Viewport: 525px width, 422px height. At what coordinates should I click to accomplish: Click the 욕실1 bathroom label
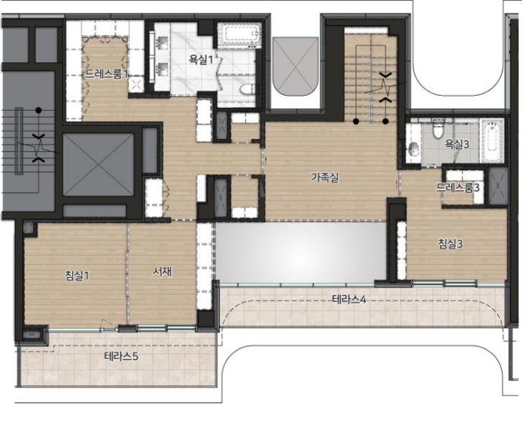(200, 60)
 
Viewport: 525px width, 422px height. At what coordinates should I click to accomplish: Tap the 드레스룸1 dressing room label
(106, 74)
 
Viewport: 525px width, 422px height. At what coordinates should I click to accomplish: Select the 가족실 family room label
(325, 177)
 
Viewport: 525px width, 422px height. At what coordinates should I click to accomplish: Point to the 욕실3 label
(457, 144)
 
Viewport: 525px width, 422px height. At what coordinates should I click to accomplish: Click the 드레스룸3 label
(457, 187)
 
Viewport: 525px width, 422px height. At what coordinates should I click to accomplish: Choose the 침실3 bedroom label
(451, 243)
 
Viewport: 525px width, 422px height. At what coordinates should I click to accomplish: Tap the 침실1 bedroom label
(77, 276)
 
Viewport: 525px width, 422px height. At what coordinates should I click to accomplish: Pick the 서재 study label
(162, 272)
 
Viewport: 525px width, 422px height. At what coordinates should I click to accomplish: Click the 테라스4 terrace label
(349, 299)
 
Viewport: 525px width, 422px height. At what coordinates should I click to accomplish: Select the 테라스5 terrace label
(121, 356)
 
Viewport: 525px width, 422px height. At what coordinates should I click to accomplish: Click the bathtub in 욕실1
(239, 34)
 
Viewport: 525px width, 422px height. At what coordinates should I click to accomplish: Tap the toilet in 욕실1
(247, 89)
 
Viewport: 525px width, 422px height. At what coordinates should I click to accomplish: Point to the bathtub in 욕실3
(492, 140)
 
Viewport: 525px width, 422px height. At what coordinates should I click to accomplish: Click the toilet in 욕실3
(438, 129)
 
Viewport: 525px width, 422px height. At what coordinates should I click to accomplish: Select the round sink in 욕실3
(413, 148)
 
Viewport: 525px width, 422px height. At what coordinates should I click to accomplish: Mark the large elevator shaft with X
(99, 164)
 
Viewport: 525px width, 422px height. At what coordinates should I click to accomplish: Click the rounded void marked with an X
(296, 66)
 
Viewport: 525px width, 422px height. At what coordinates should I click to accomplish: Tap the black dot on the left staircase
(38, 110)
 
